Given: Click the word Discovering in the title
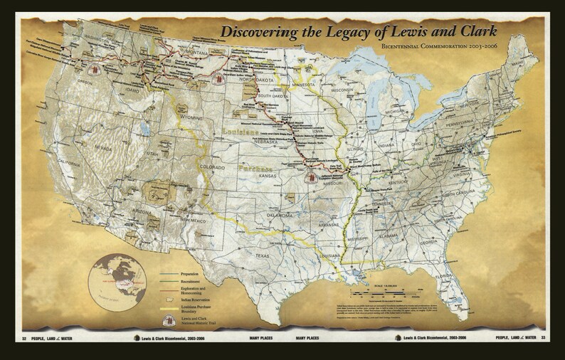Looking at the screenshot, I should [x=258, y=32].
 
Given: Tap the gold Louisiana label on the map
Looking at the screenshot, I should [x=242, y=133].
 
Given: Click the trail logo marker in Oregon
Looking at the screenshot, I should [x=93, y=70].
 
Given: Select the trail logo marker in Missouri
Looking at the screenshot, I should [x=312, y=178].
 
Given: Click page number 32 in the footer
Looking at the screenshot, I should [x=25, y=338].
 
